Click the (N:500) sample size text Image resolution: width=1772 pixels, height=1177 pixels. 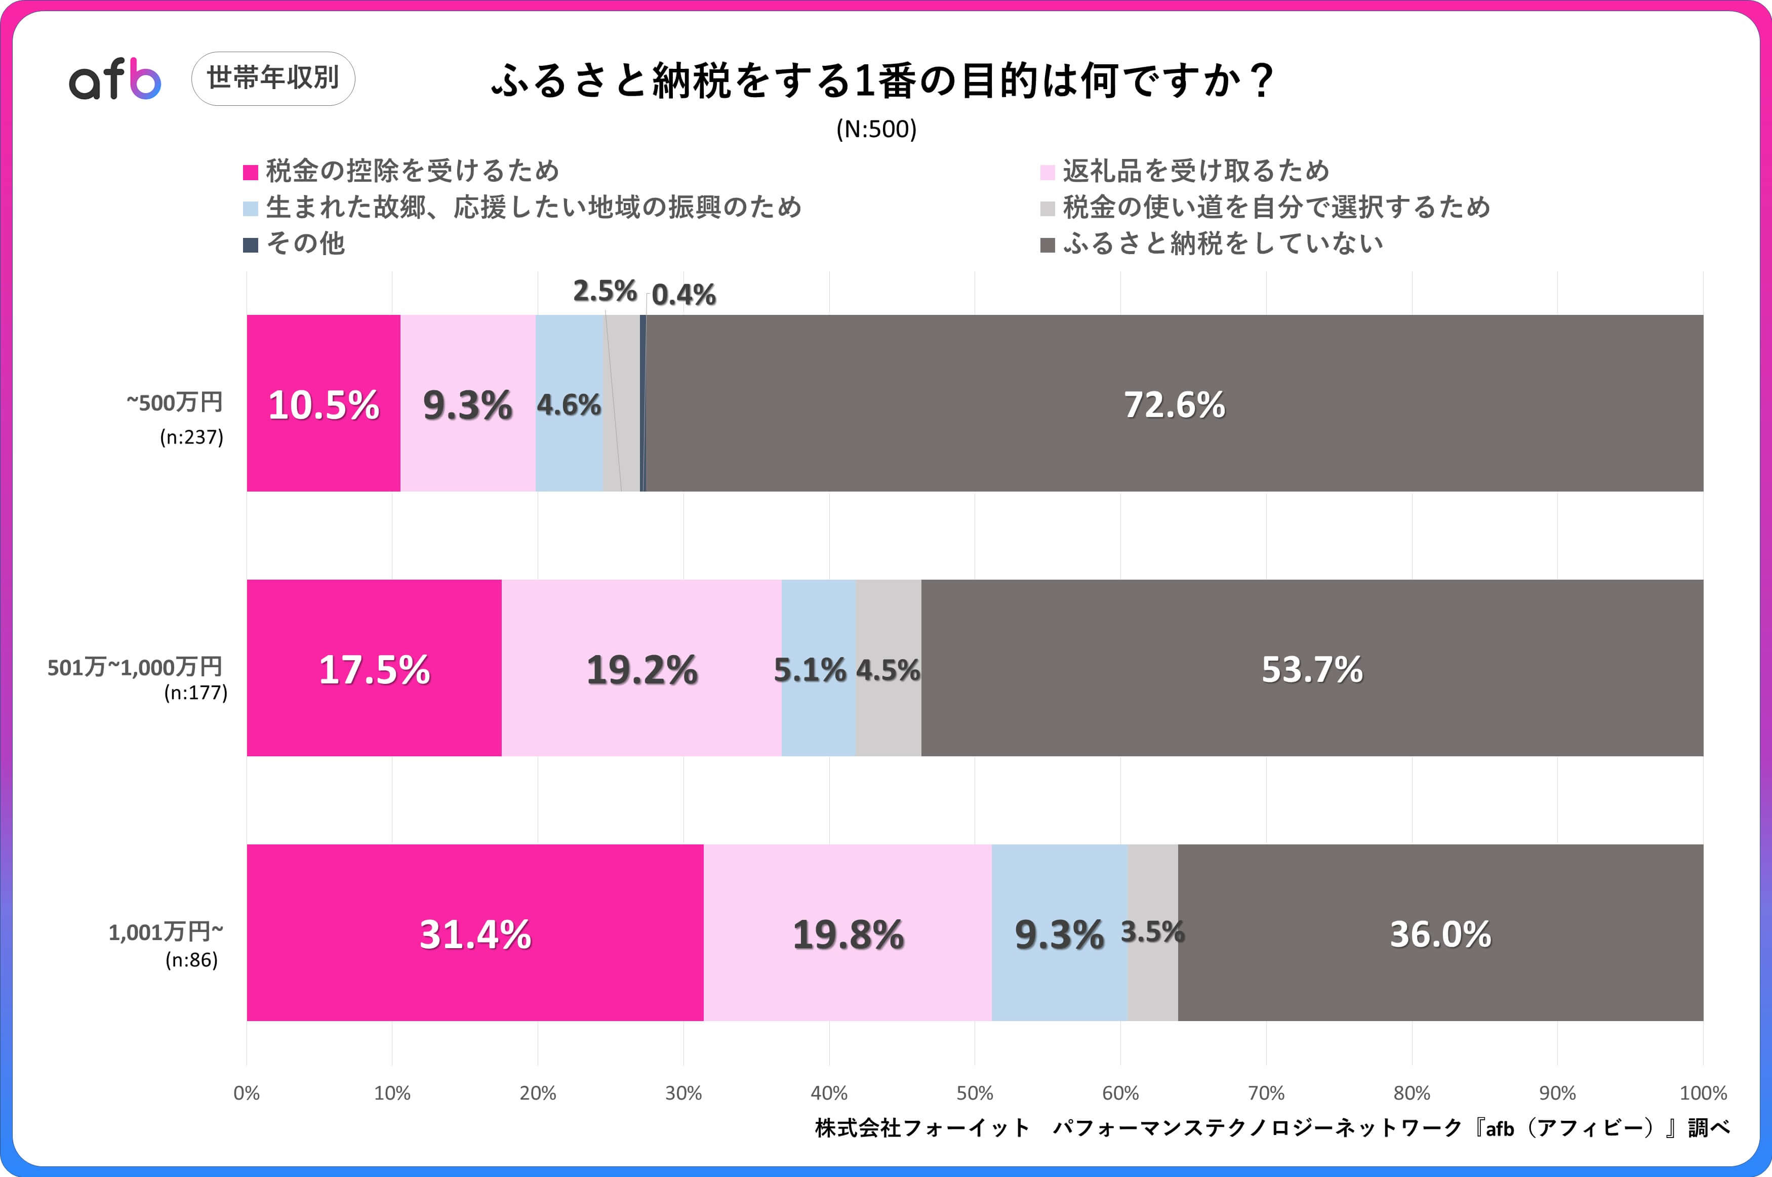click(x=876, y=129)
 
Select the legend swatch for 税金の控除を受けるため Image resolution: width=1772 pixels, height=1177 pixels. click(x=251, y=173)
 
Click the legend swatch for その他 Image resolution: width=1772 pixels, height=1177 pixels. click(x=251, y=245)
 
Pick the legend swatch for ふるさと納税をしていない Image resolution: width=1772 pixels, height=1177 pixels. click(x=1048, y=245)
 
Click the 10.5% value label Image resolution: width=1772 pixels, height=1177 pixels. click(x=324, y=405)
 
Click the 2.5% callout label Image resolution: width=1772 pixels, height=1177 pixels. click(x=604, y=291)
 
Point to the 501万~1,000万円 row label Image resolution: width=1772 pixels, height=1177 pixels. click(x=135, y=667)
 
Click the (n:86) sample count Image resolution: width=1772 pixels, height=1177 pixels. click(x=191, y=960)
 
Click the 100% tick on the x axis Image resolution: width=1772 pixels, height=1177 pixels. click(x=1702, y=1093)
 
